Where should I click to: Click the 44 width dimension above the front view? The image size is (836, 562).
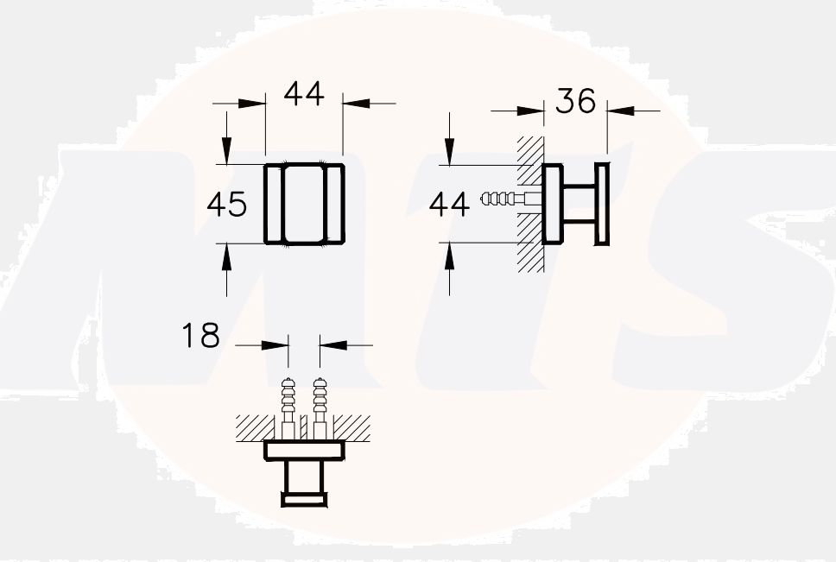coord(303,94)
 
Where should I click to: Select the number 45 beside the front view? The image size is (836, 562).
coord(227,205)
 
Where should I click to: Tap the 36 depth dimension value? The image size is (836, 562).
coord(575,101)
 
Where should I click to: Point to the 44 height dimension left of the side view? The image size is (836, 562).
coord(449,205)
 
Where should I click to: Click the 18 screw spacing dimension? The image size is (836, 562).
coord(200,336)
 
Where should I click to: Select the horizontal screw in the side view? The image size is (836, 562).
coord(502,199)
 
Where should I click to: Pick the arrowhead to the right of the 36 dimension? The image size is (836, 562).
coord(619,111)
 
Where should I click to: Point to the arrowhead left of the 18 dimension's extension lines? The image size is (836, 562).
coord(275,345)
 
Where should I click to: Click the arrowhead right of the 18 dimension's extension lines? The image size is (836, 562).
coord(332,345)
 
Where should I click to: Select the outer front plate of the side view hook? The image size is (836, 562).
coord(602,204)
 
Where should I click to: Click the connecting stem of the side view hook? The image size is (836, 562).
coord(579,204)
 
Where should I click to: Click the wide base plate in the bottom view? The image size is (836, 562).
coord(304,450)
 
